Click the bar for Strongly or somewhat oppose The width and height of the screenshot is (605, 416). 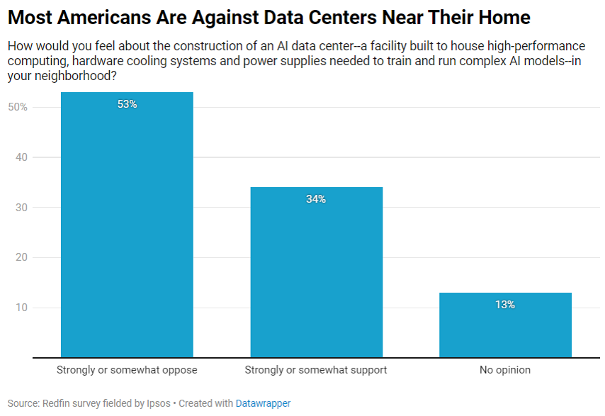coord(127,225)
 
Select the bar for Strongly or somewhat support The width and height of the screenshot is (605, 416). coord(317,272)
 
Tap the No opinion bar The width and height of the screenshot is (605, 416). coord(505,325)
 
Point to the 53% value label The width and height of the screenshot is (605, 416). coord(127,104)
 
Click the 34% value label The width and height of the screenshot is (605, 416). coord(316,199)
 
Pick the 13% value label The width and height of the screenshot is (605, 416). coord(505,305)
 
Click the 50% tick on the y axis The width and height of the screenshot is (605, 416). coord(18,107)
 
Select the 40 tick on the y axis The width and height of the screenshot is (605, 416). coord(21,157)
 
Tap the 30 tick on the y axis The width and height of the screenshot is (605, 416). coord(21,207)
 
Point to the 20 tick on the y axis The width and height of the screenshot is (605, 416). coord(21,257)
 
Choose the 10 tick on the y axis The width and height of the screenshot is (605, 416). coord(21,308)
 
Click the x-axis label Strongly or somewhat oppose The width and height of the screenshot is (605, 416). coord(127,370)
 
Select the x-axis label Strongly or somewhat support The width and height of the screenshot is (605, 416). coord(316,370)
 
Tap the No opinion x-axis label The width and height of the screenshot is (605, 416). coord(505,370)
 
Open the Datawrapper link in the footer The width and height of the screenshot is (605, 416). coord(263,403)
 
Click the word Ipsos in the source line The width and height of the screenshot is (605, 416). coord(158,403)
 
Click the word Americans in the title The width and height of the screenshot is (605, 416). coord(104,18)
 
